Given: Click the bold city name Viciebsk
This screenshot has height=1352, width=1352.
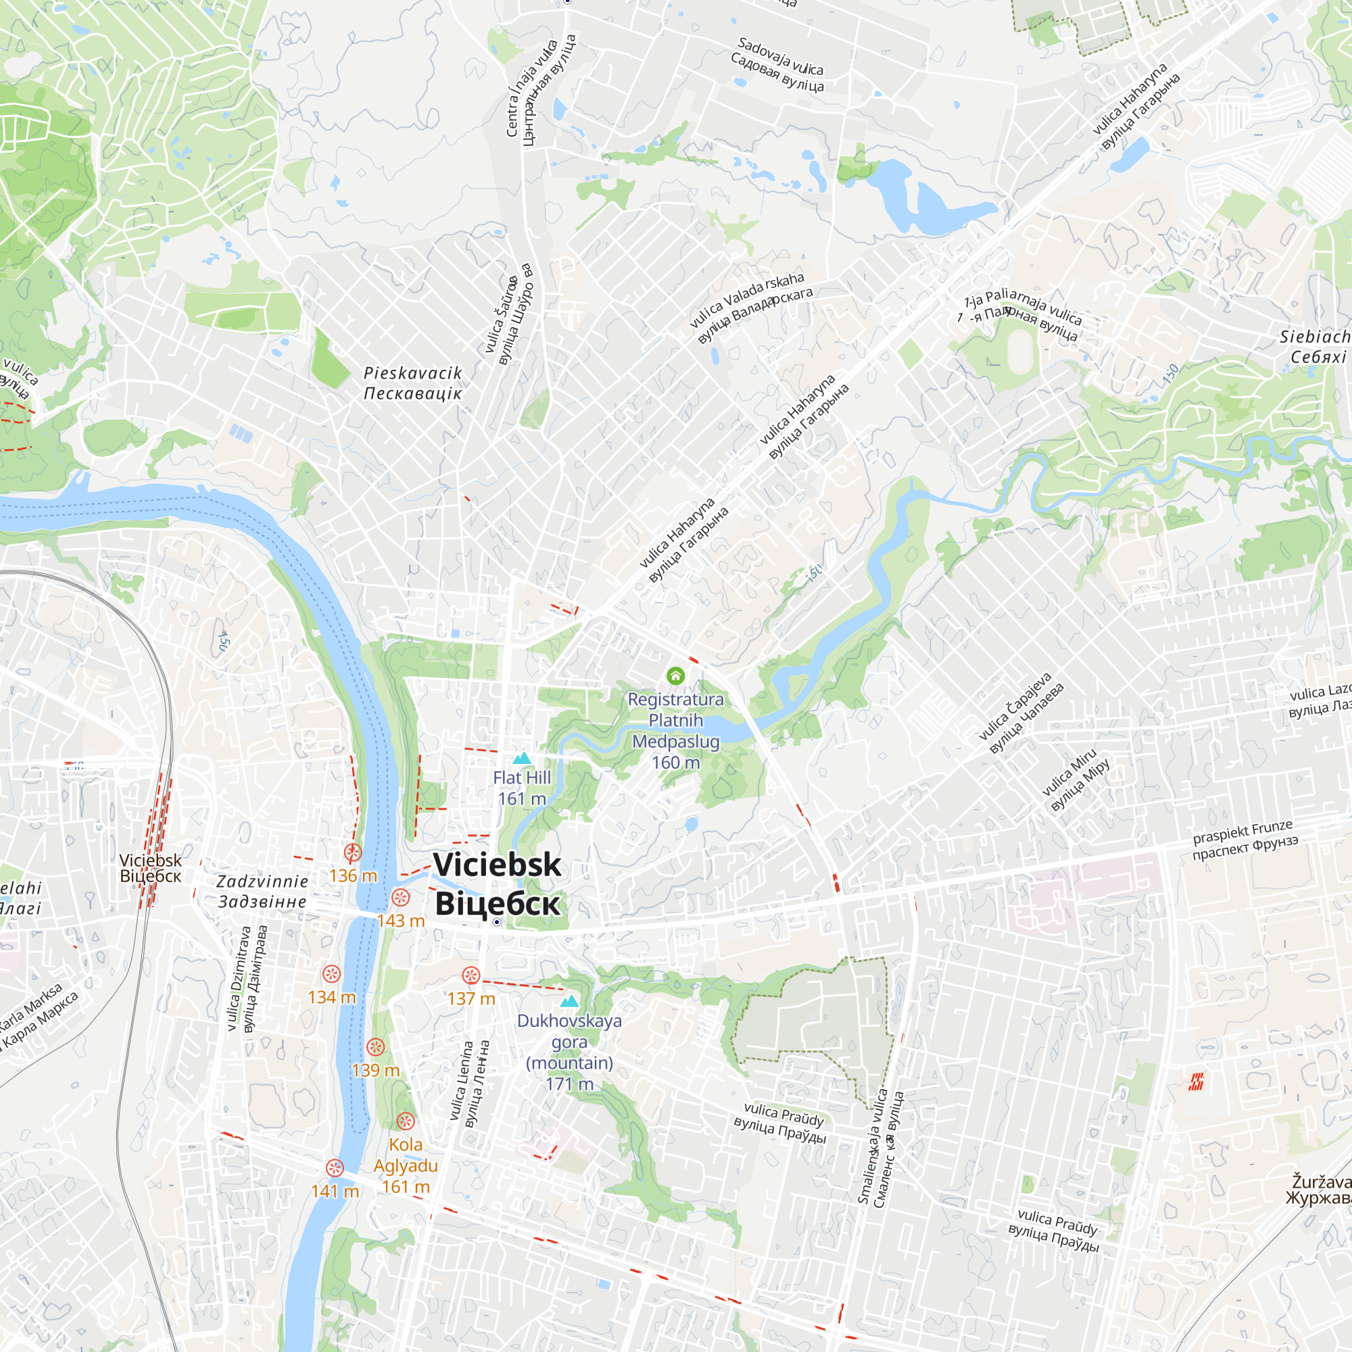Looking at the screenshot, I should point(497,865).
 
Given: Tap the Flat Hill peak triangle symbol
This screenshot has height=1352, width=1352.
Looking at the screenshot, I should point(522,758).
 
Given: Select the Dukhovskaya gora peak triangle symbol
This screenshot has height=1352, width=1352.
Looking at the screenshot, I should point(570,1001).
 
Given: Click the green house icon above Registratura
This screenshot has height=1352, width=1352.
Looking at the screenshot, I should point(675,675).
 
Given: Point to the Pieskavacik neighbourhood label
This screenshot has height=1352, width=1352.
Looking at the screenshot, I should point(413,383).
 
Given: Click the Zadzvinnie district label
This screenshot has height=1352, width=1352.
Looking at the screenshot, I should point(262,892).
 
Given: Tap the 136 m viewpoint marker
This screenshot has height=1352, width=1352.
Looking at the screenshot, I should point(353,852).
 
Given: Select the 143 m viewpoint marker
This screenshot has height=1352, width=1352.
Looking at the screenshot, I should point(400,897).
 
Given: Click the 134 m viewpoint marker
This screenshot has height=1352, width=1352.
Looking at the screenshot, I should point(332,973).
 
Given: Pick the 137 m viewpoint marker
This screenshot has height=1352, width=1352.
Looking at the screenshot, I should point(471,975).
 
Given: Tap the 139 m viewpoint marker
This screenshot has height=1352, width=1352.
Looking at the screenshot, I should point(376,1047).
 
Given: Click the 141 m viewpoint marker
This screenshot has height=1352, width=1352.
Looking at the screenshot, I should point(335,1168).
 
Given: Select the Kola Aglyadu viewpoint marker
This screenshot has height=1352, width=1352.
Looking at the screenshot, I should point(406,1121).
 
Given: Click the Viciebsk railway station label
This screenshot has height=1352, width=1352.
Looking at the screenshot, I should point(150,869).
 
